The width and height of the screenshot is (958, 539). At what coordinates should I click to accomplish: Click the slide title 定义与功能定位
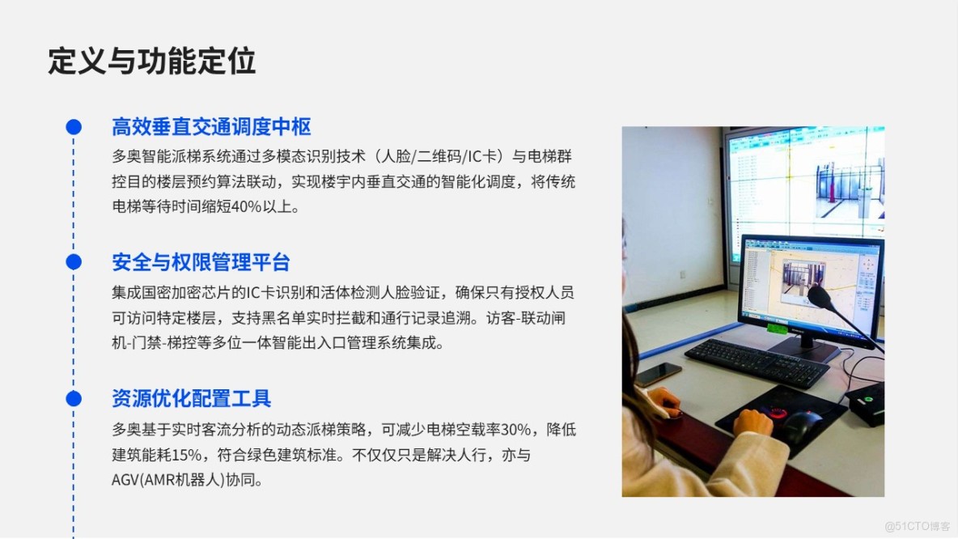click(152, 62)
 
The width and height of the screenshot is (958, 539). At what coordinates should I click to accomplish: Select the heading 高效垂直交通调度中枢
click(211, 127)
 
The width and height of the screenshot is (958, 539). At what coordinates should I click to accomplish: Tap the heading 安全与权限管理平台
click(201, 262)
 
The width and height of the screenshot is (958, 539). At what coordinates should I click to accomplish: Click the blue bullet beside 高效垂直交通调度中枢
click(74, 127)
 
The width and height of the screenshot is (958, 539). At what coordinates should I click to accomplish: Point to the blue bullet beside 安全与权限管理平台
click(74, 262)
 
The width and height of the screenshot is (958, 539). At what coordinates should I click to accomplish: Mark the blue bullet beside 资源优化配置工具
click(74, 398)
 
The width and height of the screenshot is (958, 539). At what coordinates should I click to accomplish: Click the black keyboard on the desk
click(757, 362)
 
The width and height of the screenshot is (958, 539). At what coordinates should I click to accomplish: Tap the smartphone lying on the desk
click(659, 373)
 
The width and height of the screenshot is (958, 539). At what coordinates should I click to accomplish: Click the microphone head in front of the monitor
click(820, 297)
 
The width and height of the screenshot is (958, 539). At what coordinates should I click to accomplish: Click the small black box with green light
click(865, 402)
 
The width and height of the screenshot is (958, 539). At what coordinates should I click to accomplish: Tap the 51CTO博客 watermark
click(917, 526)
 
